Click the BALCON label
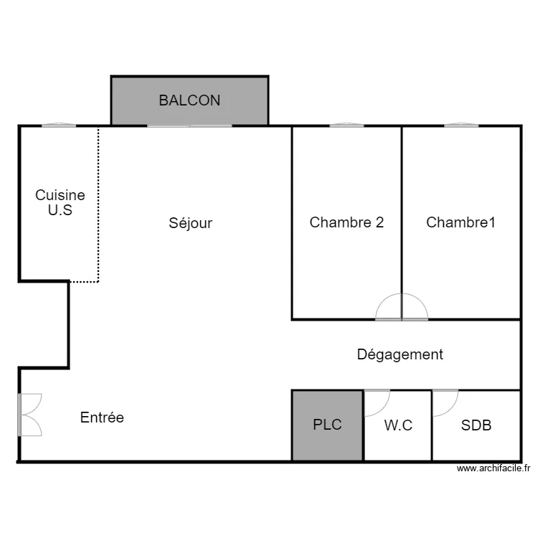pos(189,100)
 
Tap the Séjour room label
pos(191,223)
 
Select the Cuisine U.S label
pos(60,202)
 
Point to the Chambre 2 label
pos(346,222)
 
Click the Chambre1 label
pos(461,222)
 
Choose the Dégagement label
pos(400,354)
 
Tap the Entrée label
pos(102,417)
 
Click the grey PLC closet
pos(327,425)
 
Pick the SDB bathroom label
pos(476,425)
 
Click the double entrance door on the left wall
pos(29,415)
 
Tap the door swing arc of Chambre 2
pos(389,308)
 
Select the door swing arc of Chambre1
pos(415,308)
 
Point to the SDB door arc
pos(445,402)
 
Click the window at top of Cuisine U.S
pos(58,126)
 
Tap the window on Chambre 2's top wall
pos(346,126)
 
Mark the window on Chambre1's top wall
pos(461,126)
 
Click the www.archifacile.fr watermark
pos(493,469)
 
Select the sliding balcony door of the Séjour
pos(189,126)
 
